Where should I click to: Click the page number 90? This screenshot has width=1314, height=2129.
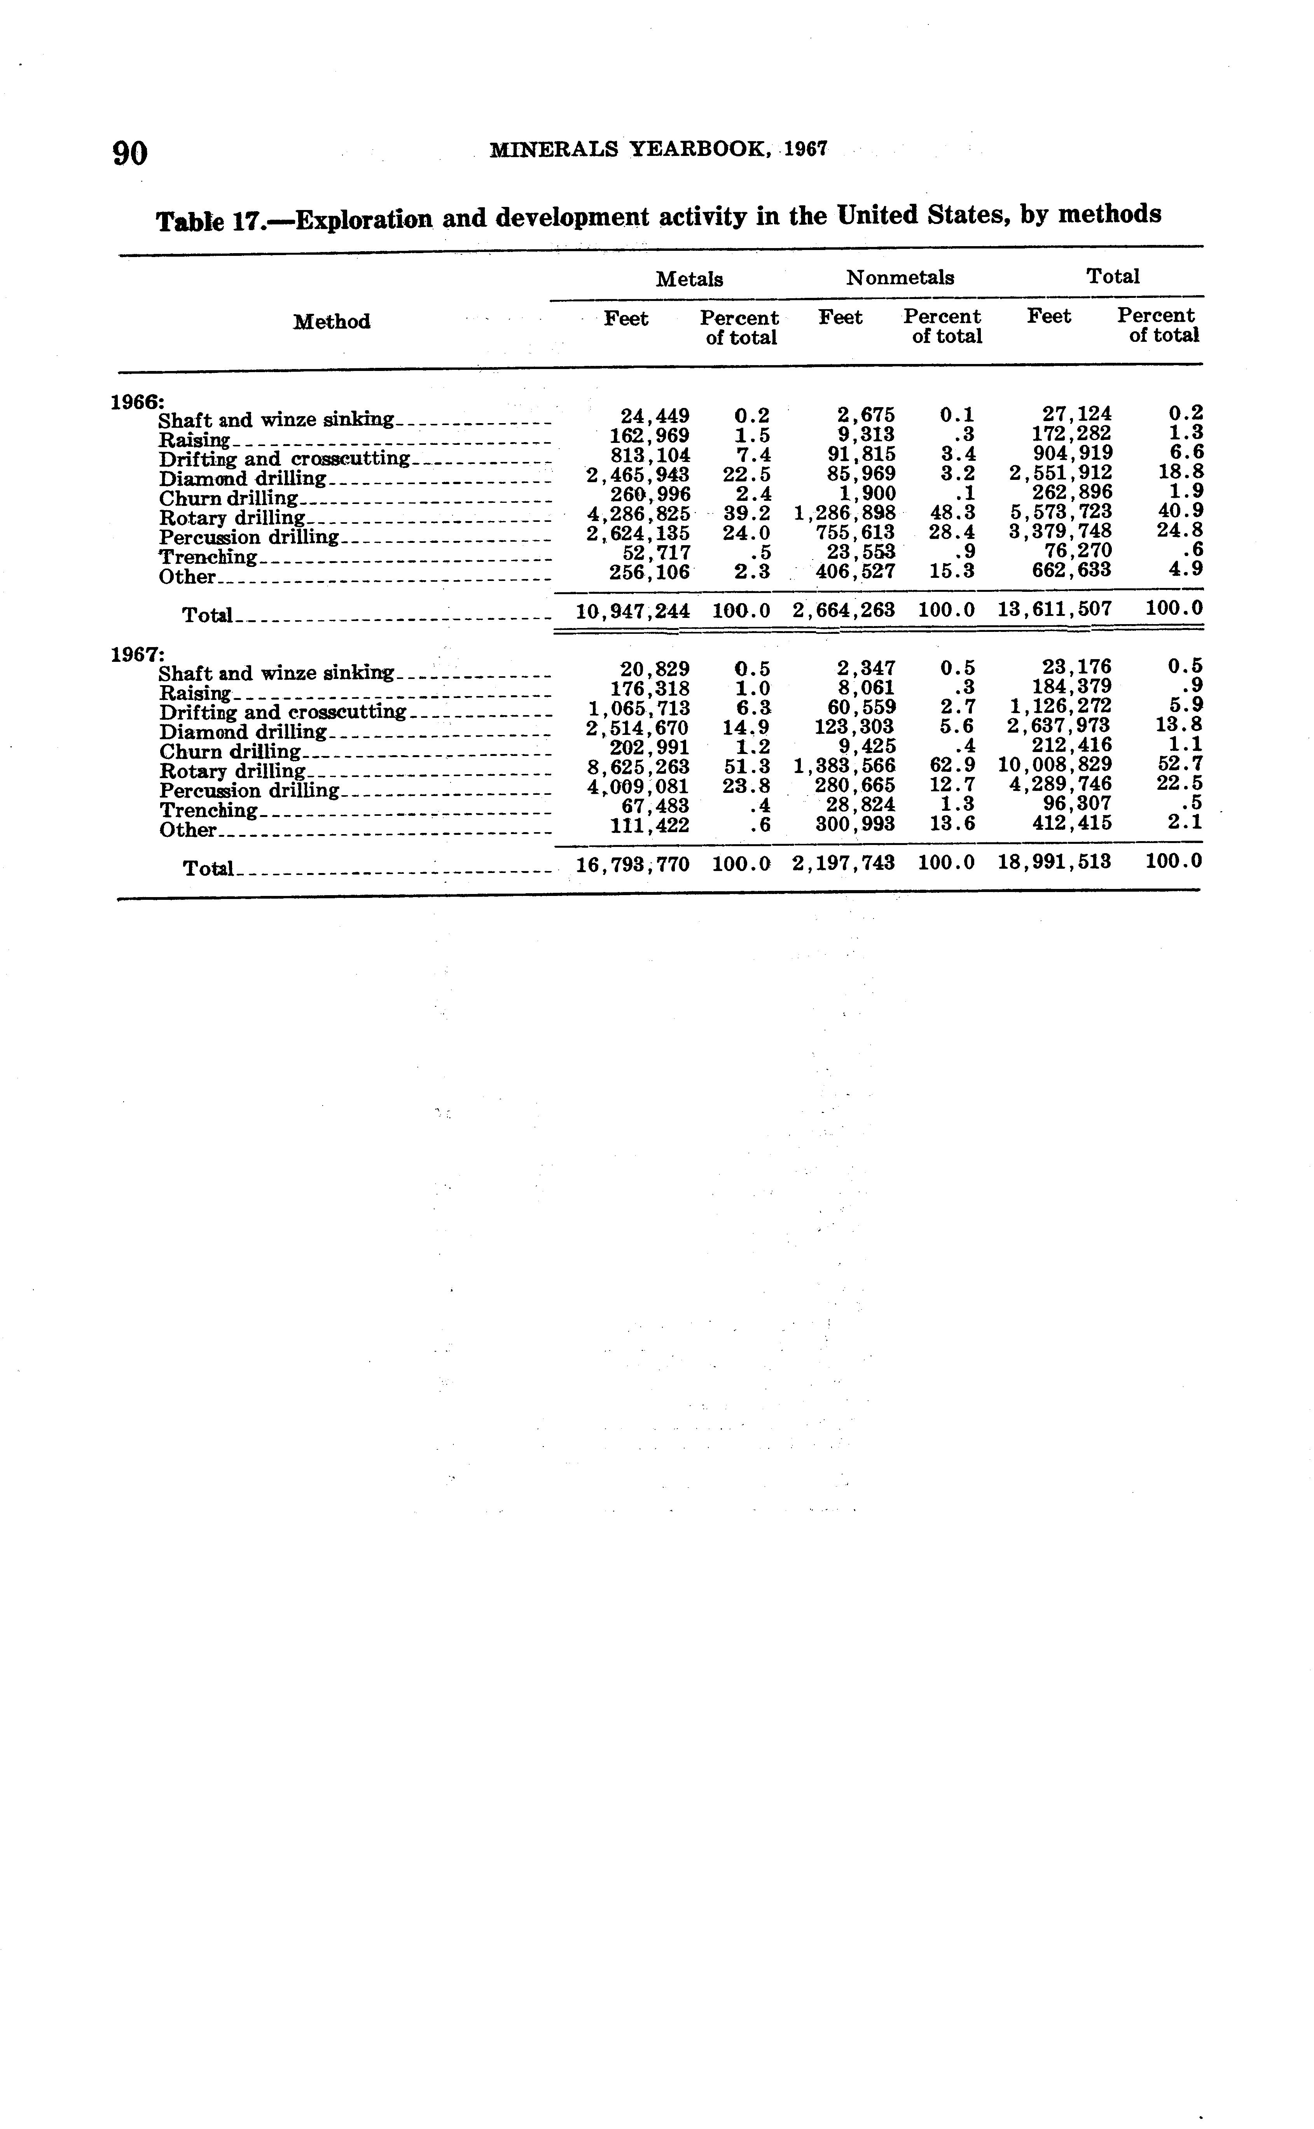pos(130,153)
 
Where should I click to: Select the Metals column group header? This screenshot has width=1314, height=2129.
pos(689,279)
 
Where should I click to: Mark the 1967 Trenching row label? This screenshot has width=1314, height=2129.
pos(209,810)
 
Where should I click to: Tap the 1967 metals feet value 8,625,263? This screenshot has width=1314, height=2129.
pos(639,767)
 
